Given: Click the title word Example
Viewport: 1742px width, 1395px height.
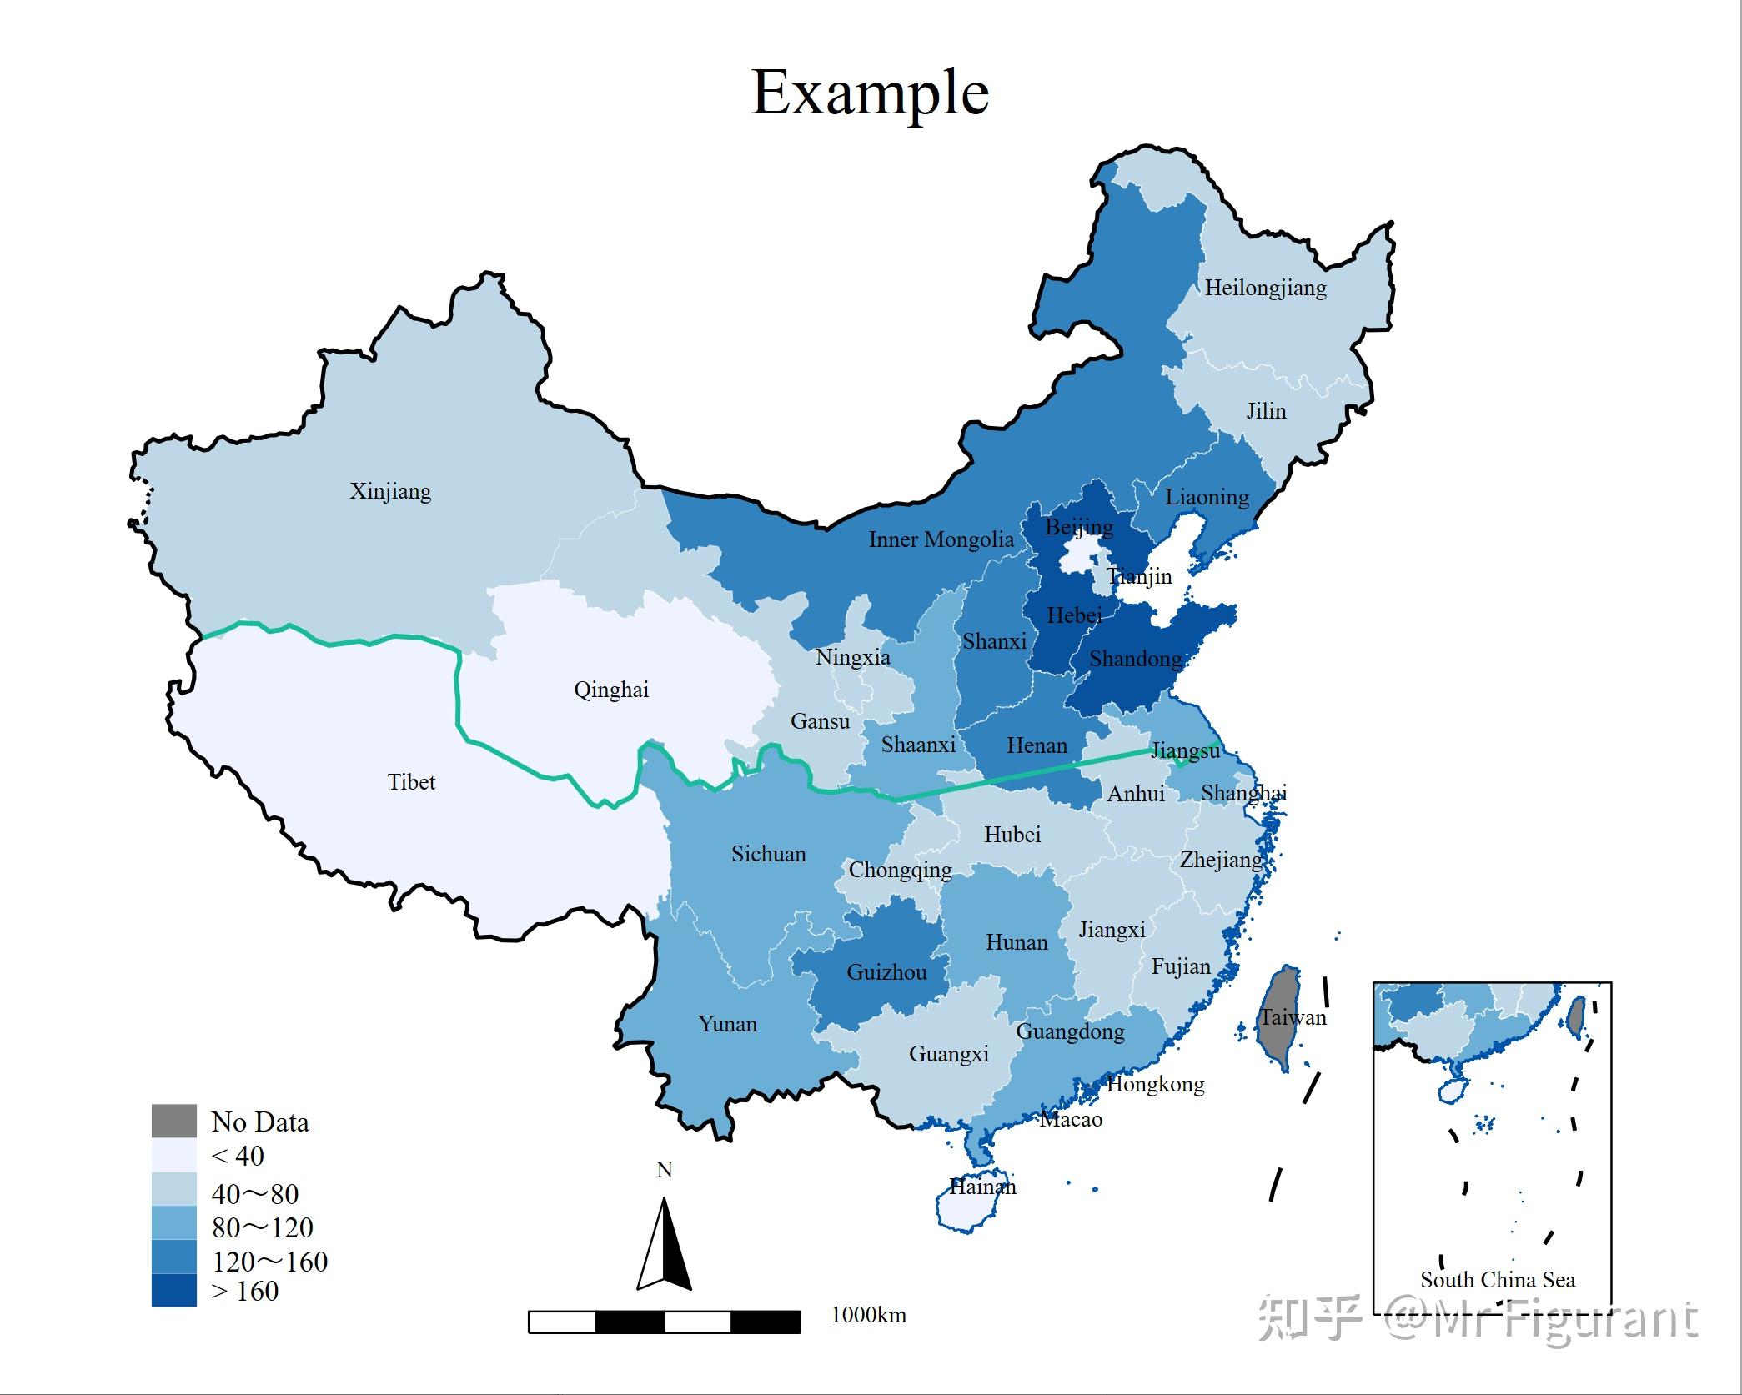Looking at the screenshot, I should (870, 93).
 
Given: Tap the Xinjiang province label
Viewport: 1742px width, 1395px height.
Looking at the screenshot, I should (390, 491).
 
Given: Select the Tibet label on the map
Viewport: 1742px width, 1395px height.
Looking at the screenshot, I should (411, 782).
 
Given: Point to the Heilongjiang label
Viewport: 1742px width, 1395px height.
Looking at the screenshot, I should (1265, 288).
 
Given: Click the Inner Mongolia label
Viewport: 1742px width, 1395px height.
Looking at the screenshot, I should (941, 539).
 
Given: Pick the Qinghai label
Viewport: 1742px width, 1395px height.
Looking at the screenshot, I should (610, 690).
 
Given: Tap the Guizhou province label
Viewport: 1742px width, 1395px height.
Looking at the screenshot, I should (886, 972).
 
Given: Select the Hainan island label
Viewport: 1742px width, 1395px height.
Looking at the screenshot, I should (982, 1187).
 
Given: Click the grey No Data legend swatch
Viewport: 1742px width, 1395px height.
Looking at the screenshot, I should (173, 1122).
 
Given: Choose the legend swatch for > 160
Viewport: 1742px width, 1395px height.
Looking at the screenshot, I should (173, 1291).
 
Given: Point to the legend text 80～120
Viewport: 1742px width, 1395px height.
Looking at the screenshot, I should (262, 1227).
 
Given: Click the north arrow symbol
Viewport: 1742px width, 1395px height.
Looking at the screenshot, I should (664, 1246).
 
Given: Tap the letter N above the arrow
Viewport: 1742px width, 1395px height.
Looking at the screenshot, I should (664, 1170).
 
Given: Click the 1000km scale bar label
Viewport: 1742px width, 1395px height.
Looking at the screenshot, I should (868, 1315).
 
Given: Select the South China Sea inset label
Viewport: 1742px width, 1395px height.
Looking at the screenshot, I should (1498, 1280).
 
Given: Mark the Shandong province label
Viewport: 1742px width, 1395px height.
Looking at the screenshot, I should (1135, 659).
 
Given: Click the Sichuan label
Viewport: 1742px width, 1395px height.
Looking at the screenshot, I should (768, 854).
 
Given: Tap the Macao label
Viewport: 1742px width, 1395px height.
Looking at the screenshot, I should (1071, 1120).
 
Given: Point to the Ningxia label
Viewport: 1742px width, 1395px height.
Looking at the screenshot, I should (852, 657).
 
